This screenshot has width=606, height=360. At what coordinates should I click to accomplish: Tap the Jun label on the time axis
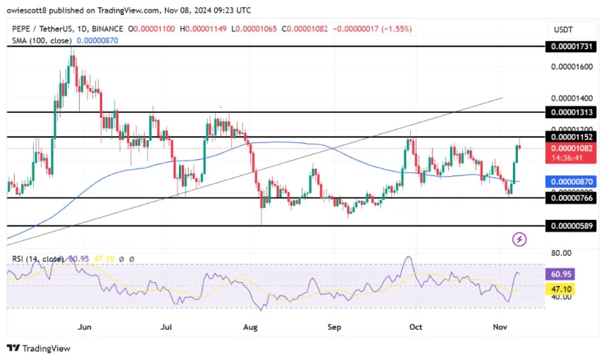tap(85, 327)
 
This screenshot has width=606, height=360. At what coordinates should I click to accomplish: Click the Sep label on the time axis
tap(335, 327)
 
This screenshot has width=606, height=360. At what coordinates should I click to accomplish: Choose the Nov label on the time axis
tap(500, 327)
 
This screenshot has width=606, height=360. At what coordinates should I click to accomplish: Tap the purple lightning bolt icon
tap(519, 240)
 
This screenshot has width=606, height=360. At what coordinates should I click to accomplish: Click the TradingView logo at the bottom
tap(42, 348)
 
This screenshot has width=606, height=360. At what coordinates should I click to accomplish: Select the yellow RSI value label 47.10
tap(564, 289)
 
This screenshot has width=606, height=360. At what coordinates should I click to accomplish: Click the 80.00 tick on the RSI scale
tap(561, 253)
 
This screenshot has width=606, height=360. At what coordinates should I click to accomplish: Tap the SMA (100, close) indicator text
tap(39, 42)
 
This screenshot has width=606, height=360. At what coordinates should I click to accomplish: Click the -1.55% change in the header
tap(397, 29)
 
